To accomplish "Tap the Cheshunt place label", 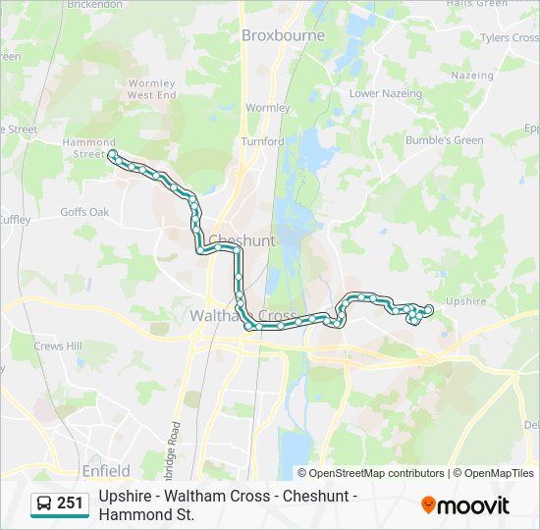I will click(242, 240).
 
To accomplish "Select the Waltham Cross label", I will click(242, 317).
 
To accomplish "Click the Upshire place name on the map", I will click(465, 301).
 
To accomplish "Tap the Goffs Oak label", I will click(84, 212).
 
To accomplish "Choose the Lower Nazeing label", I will click(386, 94).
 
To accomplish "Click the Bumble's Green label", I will click(445, 140).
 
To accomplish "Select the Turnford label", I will click(262, 141).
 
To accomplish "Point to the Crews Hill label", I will click(57, 346).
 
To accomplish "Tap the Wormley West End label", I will click(151, 89).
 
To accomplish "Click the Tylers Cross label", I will click(508, 38).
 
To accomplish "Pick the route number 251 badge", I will click(71, 503).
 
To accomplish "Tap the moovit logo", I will click(465, 505).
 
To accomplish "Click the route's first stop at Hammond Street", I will click(113, 155).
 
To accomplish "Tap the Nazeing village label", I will click(473, 75).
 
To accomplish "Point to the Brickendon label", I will click(93, 5).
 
